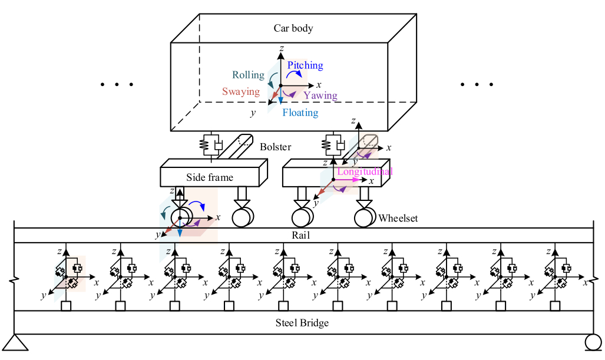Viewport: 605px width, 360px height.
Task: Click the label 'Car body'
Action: tap(293, 28)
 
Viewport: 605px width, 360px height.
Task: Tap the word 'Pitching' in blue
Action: tap(305, 65)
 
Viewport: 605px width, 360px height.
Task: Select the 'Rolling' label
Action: tap(248, 75)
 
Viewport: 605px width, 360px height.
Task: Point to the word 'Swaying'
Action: tap(241, 92)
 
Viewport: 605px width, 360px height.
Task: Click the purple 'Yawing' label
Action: tap(320, 95)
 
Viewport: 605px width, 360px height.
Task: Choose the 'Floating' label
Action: tap(300, 113)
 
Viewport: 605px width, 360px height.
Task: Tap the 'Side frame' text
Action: tap(210, 177)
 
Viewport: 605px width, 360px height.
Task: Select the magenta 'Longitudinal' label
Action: tap(365, 171)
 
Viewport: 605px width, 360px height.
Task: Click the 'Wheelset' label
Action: tap(398, 219)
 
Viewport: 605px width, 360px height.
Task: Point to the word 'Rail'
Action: tap(301, 235)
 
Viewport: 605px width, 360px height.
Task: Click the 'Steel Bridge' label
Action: tap(302, 322)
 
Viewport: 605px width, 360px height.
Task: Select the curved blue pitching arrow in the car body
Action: tap(293, 72)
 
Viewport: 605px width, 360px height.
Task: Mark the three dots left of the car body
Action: tap(117, 85)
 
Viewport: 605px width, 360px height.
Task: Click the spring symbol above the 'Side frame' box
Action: tap(206, 144)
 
